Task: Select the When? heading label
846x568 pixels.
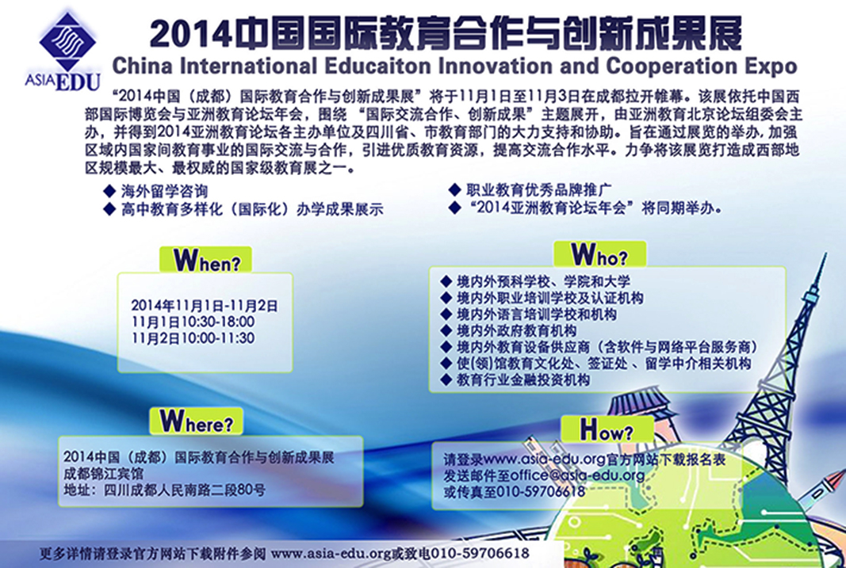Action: (205, 261)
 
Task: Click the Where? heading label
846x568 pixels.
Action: (196, 421)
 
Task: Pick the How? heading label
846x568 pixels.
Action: (607, 430)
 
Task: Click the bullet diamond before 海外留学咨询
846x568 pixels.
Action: (109, 191)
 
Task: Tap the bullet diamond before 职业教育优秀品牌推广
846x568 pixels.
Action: (455, 189)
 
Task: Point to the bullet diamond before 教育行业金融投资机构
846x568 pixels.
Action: (446, 379)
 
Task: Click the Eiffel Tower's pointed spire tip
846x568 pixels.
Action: (825, 254)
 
